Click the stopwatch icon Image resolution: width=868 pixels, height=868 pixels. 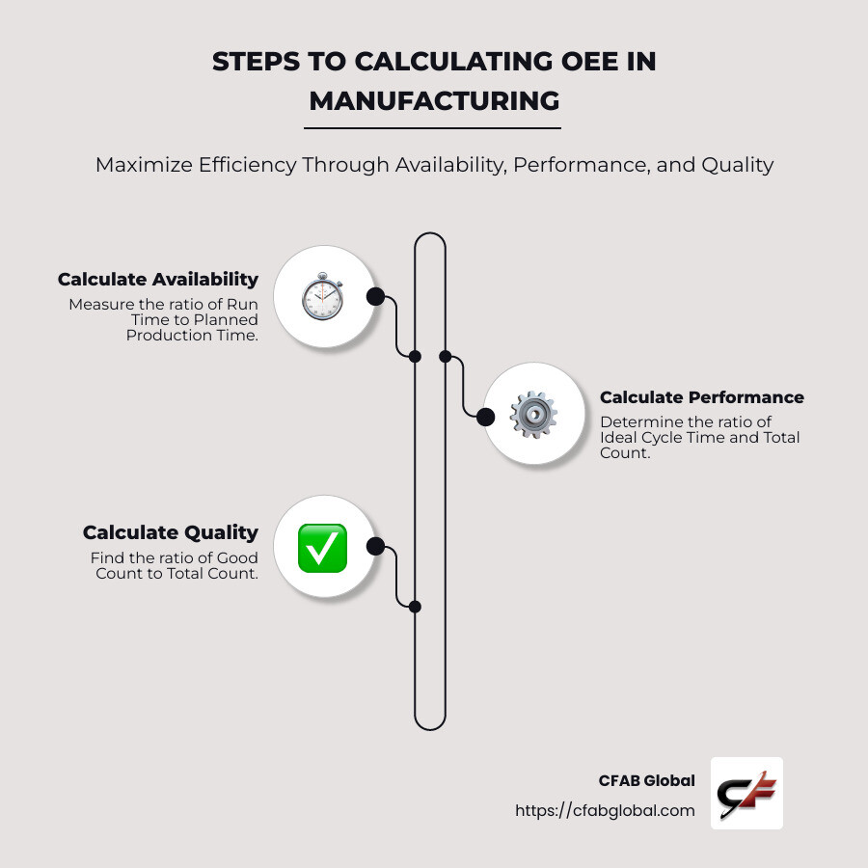click(322, 297)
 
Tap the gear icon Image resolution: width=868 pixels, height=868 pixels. click(532, 416)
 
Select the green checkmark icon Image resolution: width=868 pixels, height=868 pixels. click(322, 548)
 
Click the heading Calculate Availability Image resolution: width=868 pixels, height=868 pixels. click(158, 280)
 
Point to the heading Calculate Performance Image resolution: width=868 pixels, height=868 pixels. click(701, 397)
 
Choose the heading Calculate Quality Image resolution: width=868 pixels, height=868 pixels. click(171, 532)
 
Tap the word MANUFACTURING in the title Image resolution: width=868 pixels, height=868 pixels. click(434, 100)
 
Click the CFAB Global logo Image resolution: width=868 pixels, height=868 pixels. click(746, 793)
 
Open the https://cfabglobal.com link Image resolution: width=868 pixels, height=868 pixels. click(605, 810)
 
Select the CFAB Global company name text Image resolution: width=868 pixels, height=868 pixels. click(646, 781)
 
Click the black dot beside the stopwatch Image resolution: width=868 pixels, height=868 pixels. click(375, 296)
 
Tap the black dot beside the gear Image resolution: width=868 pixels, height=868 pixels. click(486, 417)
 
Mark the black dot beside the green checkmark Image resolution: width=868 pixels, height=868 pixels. click(376, 547)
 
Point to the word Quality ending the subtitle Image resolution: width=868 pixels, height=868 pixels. click(738, 165)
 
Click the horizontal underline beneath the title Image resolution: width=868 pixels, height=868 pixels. click(434, 127)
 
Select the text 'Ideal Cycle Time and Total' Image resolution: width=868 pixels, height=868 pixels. click(699, 437)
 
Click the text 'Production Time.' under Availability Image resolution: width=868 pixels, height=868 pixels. click(192, 335)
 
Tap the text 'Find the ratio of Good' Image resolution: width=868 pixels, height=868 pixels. click(175, 557)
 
